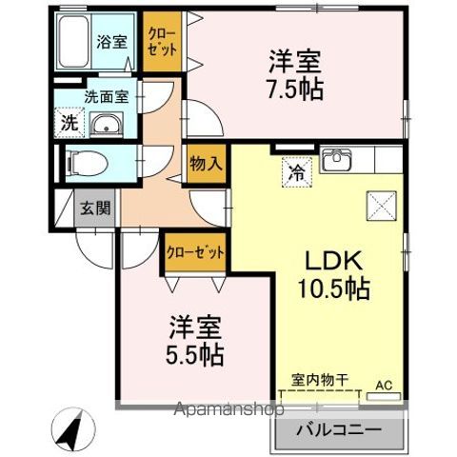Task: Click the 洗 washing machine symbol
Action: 69,123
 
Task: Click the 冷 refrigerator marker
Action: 297,174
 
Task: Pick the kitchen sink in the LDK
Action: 339,160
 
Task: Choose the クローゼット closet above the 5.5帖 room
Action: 195,252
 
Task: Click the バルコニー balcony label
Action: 338,429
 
